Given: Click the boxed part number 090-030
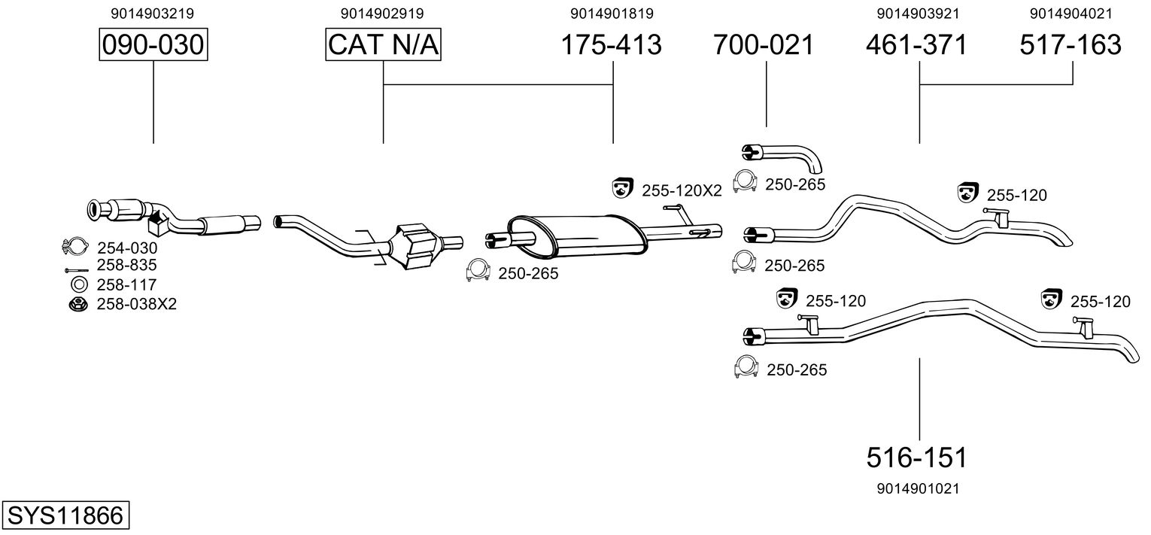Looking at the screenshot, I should click(x=153, y=45).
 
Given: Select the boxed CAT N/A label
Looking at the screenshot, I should click(x=383, y=45).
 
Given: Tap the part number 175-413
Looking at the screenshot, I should click(x=612, y=45).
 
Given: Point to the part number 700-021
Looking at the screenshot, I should click(x=764, y=45).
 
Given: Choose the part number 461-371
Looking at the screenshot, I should click(x=916, y=45).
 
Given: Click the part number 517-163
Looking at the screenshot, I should click(x=1071, y=45).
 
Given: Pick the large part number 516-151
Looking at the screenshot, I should click(x=916, y=457).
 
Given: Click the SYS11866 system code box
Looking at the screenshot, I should click(x=65, y=515).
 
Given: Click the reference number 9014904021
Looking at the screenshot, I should click(x=1071, y=14).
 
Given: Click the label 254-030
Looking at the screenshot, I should click(x=127, y=247).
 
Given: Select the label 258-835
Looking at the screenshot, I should click(x=127, y=265).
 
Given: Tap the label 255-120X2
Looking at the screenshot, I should click(x=682, y=191).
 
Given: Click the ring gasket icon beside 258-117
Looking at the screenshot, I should click(x=78, y=284).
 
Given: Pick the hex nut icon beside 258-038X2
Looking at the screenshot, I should click(x=77, y=304).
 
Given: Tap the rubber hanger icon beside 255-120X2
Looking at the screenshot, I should click(x=622, y=189).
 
